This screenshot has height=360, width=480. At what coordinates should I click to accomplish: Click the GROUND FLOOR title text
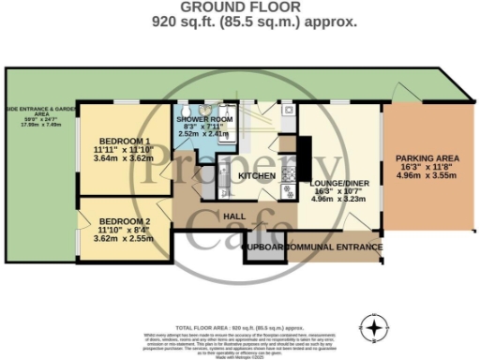[x=240, y=7]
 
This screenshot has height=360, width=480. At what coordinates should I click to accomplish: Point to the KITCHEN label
[x=256, y=176]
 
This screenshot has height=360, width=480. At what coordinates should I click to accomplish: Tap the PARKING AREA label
[x=426, y=157]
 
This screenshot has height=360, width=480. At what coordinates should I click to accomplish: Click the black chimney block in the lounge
[x=305, y=149]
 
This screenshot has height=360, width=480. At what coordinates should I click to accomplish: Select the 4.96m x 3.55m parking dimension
[x=426, y=174]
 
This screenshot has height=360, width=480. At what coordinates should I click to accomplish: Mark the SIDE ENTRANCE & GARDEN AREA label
[x=31, y=110]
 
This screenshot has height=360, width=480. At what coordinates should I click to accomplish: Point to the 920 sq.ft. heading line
[x=240, y=22]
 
